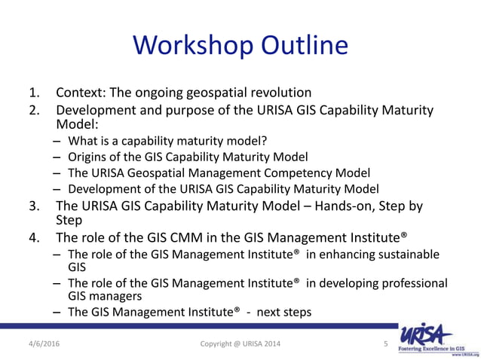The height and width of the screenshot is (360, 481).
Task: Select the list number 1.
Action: [x=34, y=93]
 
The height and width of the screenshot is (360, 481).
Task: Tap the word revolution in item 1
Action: [x=274, y=93]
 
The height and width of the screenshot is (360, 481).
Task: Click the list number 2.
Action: [x=34, y=111]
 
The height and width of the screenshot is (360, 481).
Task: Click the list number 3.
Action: [x=34, y=206]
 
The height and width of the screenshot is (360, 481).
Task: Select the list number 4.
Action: [x=34, y=238]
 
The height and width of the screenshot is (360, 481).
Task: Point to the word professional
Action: [x=408, y=282]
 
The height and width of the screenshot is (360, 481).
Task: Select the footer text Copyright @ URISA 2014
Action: [x=240, y=343]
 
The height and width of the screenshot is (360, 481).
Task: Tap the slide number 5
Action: [x=384, y=343]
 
